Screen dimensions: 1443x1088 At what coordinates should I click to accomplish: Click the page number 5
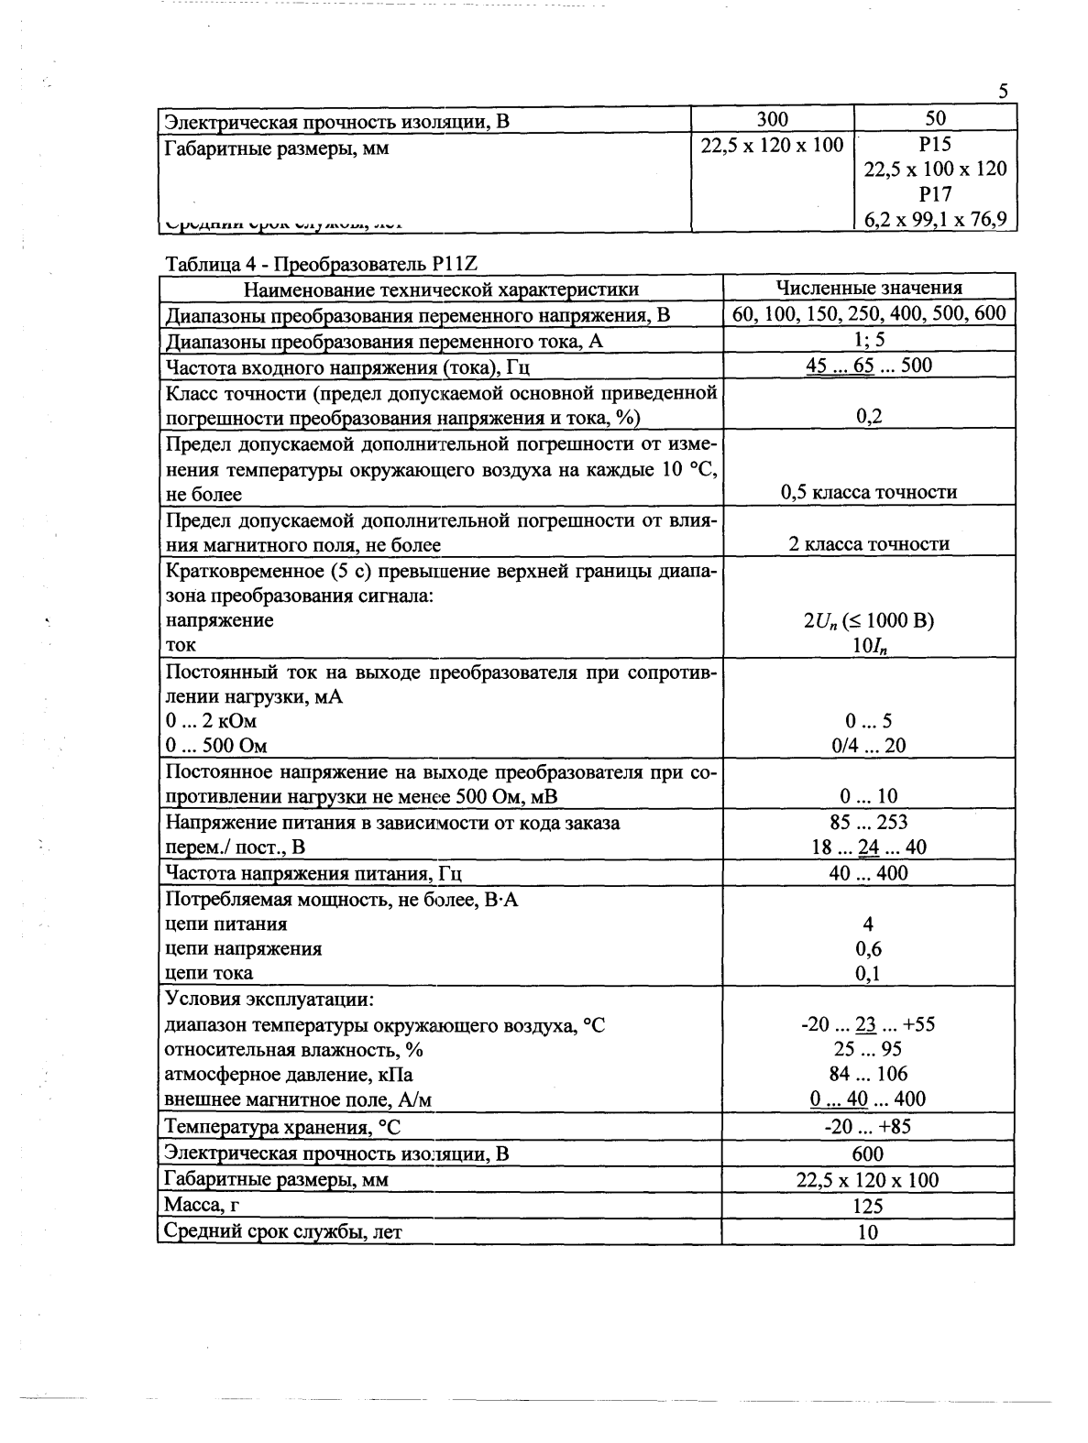pyautogui.click(x=1004, y=91)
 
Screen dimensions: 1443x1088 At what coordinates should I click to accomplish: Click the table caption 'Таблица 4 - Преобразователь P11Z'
pyautogui.click(x=322, y=264)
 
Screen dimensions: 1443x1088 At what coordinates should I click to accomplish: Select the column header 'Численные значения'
pyautogui.click(x=869, y=289)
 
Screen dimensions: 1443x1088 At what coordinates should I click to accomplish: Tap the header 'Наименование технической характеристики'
pyautogui.click(x=441, y=290)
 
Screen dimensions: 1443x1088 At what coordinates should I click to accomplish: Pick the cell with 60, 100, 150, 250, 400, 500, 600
pyautogui.click(x=869, y=314)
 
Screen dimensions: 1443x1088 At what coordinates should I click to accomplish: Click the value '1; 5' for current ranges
pyautogui.click(x=868, y=340)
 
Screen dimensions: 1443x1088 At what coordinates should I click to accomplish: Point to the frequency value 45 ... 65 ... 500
pyautogui.click(x=868, y=366)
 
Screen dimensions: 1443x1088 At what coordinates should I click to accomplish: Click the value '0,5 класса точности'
pyautogui.click(x=869, y=492)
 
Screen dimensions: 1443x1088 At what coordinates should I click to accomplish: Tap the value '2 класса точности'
pyautogui.click(x=869, y=544)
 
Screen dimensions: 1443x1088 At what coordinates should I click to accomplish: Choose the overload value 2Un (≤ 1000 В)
pyautogui.click(x=868, y=620)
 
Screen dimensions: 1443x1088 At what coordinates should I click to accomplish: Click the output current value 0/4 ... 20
pyautogui.click(x=868, y=746)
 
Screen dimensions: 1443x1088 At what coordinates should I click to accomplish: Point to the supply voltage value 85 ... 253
pyautogui.click(x=868, y=822)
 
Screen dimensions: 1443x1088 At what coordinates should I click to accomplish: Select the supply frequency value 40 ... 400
pyautogui.click(x=868, y=872)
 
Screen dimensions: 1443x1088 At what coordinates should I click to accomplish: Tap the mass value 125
pyautogui.click(x=868, y=1206)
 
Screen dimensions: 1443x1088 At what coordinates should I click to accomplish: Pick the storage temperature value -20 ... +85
pyautogui.click(x=868, y=1127)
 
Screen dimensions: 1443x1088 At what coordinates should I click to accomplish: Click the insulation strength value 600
pyautogui.click(x=868, y=1153)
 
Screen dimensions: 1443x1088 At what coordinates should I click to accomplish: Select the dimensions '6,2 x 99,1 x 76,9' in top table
pyautogui.click(x=935, y=219)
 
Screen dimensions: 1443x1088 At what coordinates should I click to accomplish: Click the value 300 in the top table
pyautogui.click(x=772, y=118)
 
